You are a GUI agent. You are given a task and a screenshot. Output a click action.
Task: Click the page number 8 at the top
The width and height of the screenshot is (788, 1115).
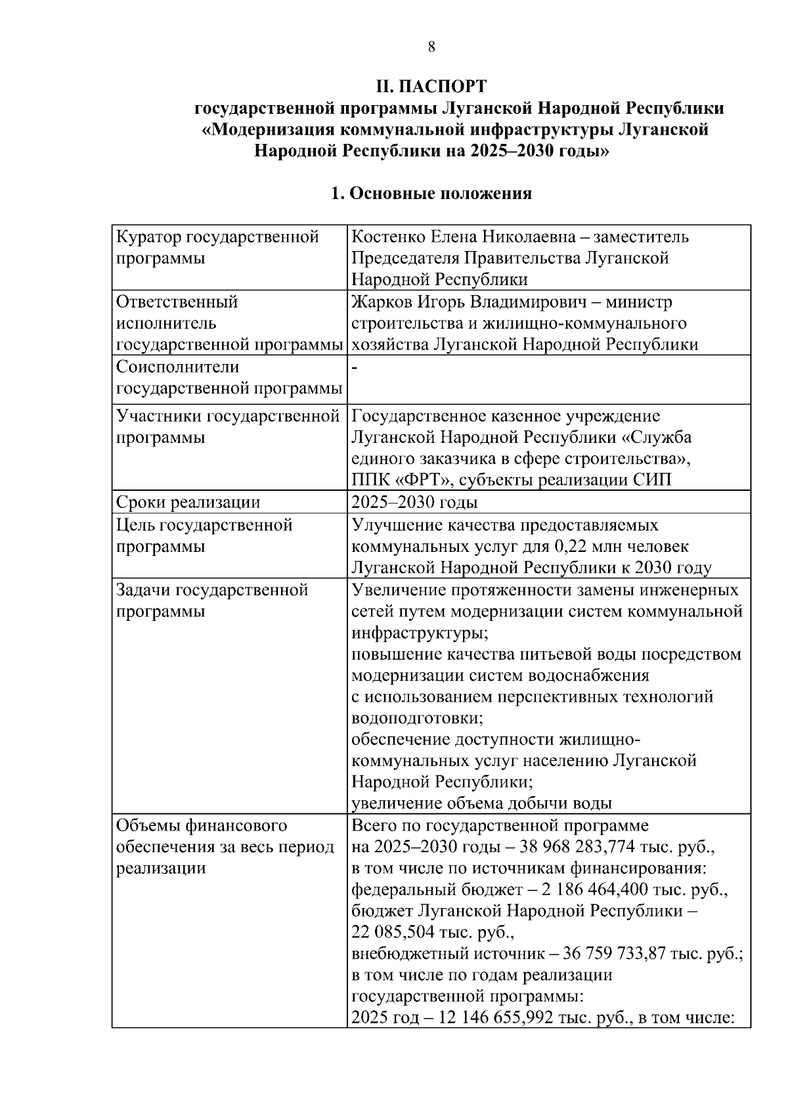[x=431, y=47]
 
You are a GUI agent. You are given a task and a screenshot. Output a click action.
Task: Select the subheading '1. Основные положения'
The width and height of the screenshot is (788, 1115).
[x=431, y=194]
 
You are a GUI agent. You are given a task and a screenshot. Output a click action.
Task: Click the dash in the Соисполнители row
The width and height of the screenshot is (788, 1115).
[x=355, y=368]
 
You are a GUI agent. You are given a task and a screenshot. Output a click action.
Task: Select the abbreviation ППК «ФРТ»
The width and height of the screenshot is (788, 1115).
[x=401, y=480]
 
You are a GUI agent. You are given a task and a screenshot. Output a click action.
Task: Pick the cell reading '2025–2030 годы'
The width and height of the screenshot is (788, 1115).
[x=415, y=503]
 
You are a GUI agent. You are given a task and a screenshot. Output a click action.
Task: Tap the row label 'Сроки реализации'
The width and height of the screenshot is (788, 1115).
[x=188, y=503]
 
